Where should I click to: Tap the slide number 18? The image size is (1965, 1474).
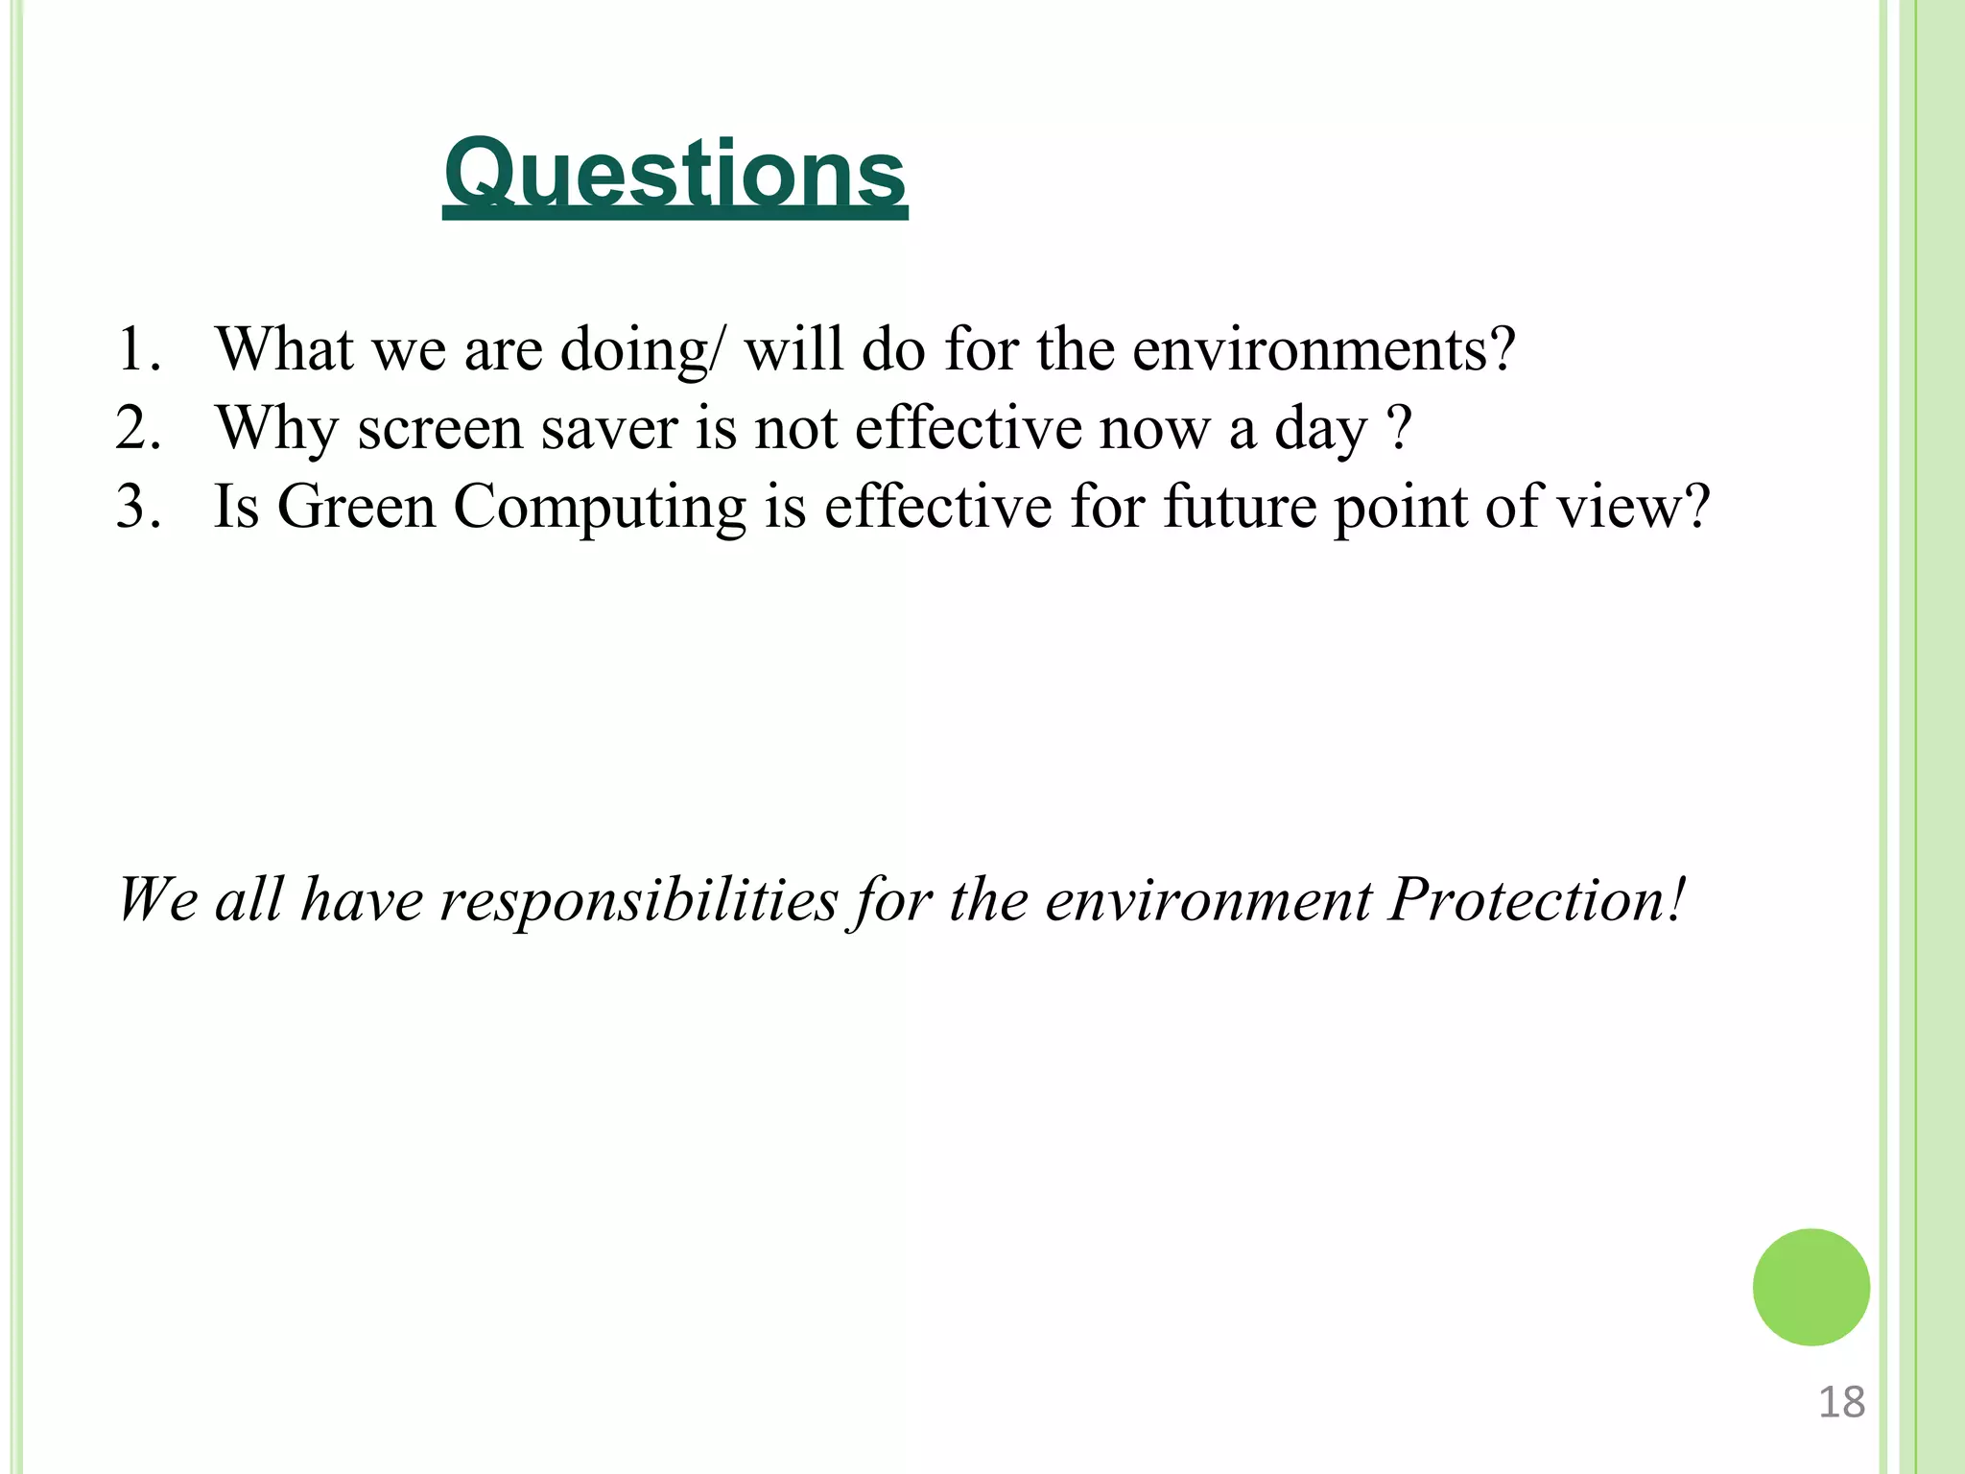1841,1402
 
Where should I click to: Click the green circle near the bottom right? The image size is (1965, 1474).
1811,1287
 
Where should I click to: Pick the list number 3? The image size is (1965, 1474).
137,506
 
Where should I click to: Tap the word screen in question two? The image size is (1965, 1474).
439,429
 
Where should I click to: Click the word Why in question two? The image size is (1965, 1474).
276,429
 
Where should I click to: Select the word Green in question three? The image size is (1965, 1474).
356,507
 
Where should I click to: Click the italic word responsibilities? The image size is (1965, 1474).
639,900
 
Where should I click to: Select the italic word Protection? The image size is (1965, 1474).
1537,900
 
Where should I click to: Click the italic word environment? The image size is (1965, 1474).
1209,900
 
